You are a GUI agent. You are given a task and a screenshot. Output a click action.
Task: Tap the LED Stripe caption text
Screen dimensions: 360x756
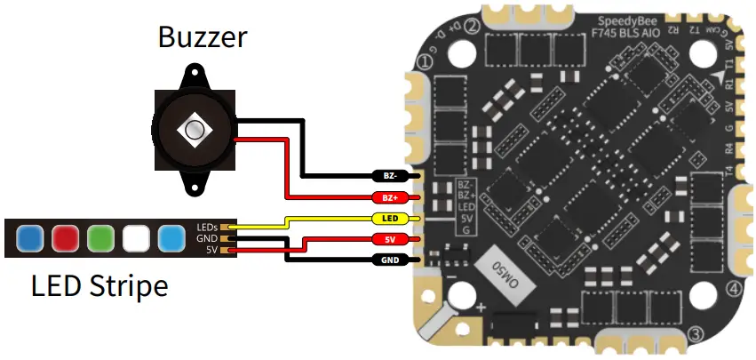tap(99, 286)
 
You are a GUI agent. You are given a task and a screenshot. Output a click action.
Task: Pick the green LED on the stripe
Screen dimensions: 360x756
tap(99, 237)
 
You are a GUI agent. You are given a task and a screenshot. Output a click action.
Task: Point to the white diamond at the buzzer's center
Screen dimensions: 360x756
tap(194, 130)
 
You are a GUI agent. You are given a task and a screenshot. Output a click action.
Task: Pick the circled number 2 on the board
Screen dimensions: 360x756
tap(473, 27)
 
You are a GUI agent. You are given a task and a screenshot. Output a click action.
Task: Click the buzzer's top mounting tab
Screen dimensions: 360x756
tap(193, 73)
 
